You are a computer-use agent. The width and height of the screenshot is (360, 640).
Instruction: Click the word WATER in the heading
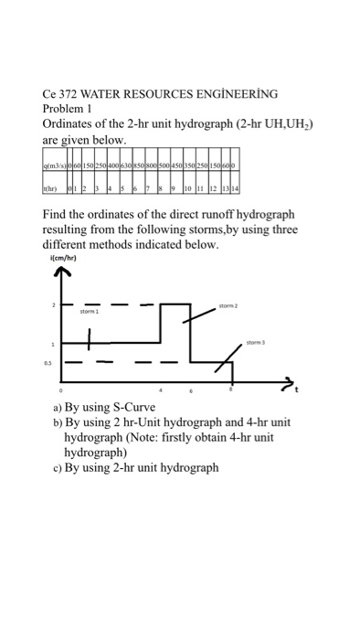tap(100, 93)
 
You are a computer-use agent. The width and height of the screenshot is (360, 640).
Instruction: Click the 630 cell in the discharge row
tap(125, 166)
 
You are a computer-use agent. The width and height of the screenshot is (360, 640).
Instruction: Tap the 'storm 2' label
tap(228, 307)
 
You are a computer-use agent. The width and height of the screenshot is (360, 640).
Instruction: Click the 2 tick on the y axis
tap(53, 304)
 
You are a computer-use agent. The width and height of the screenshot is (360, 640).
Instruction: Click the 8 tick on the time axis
tap(231, 390)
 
